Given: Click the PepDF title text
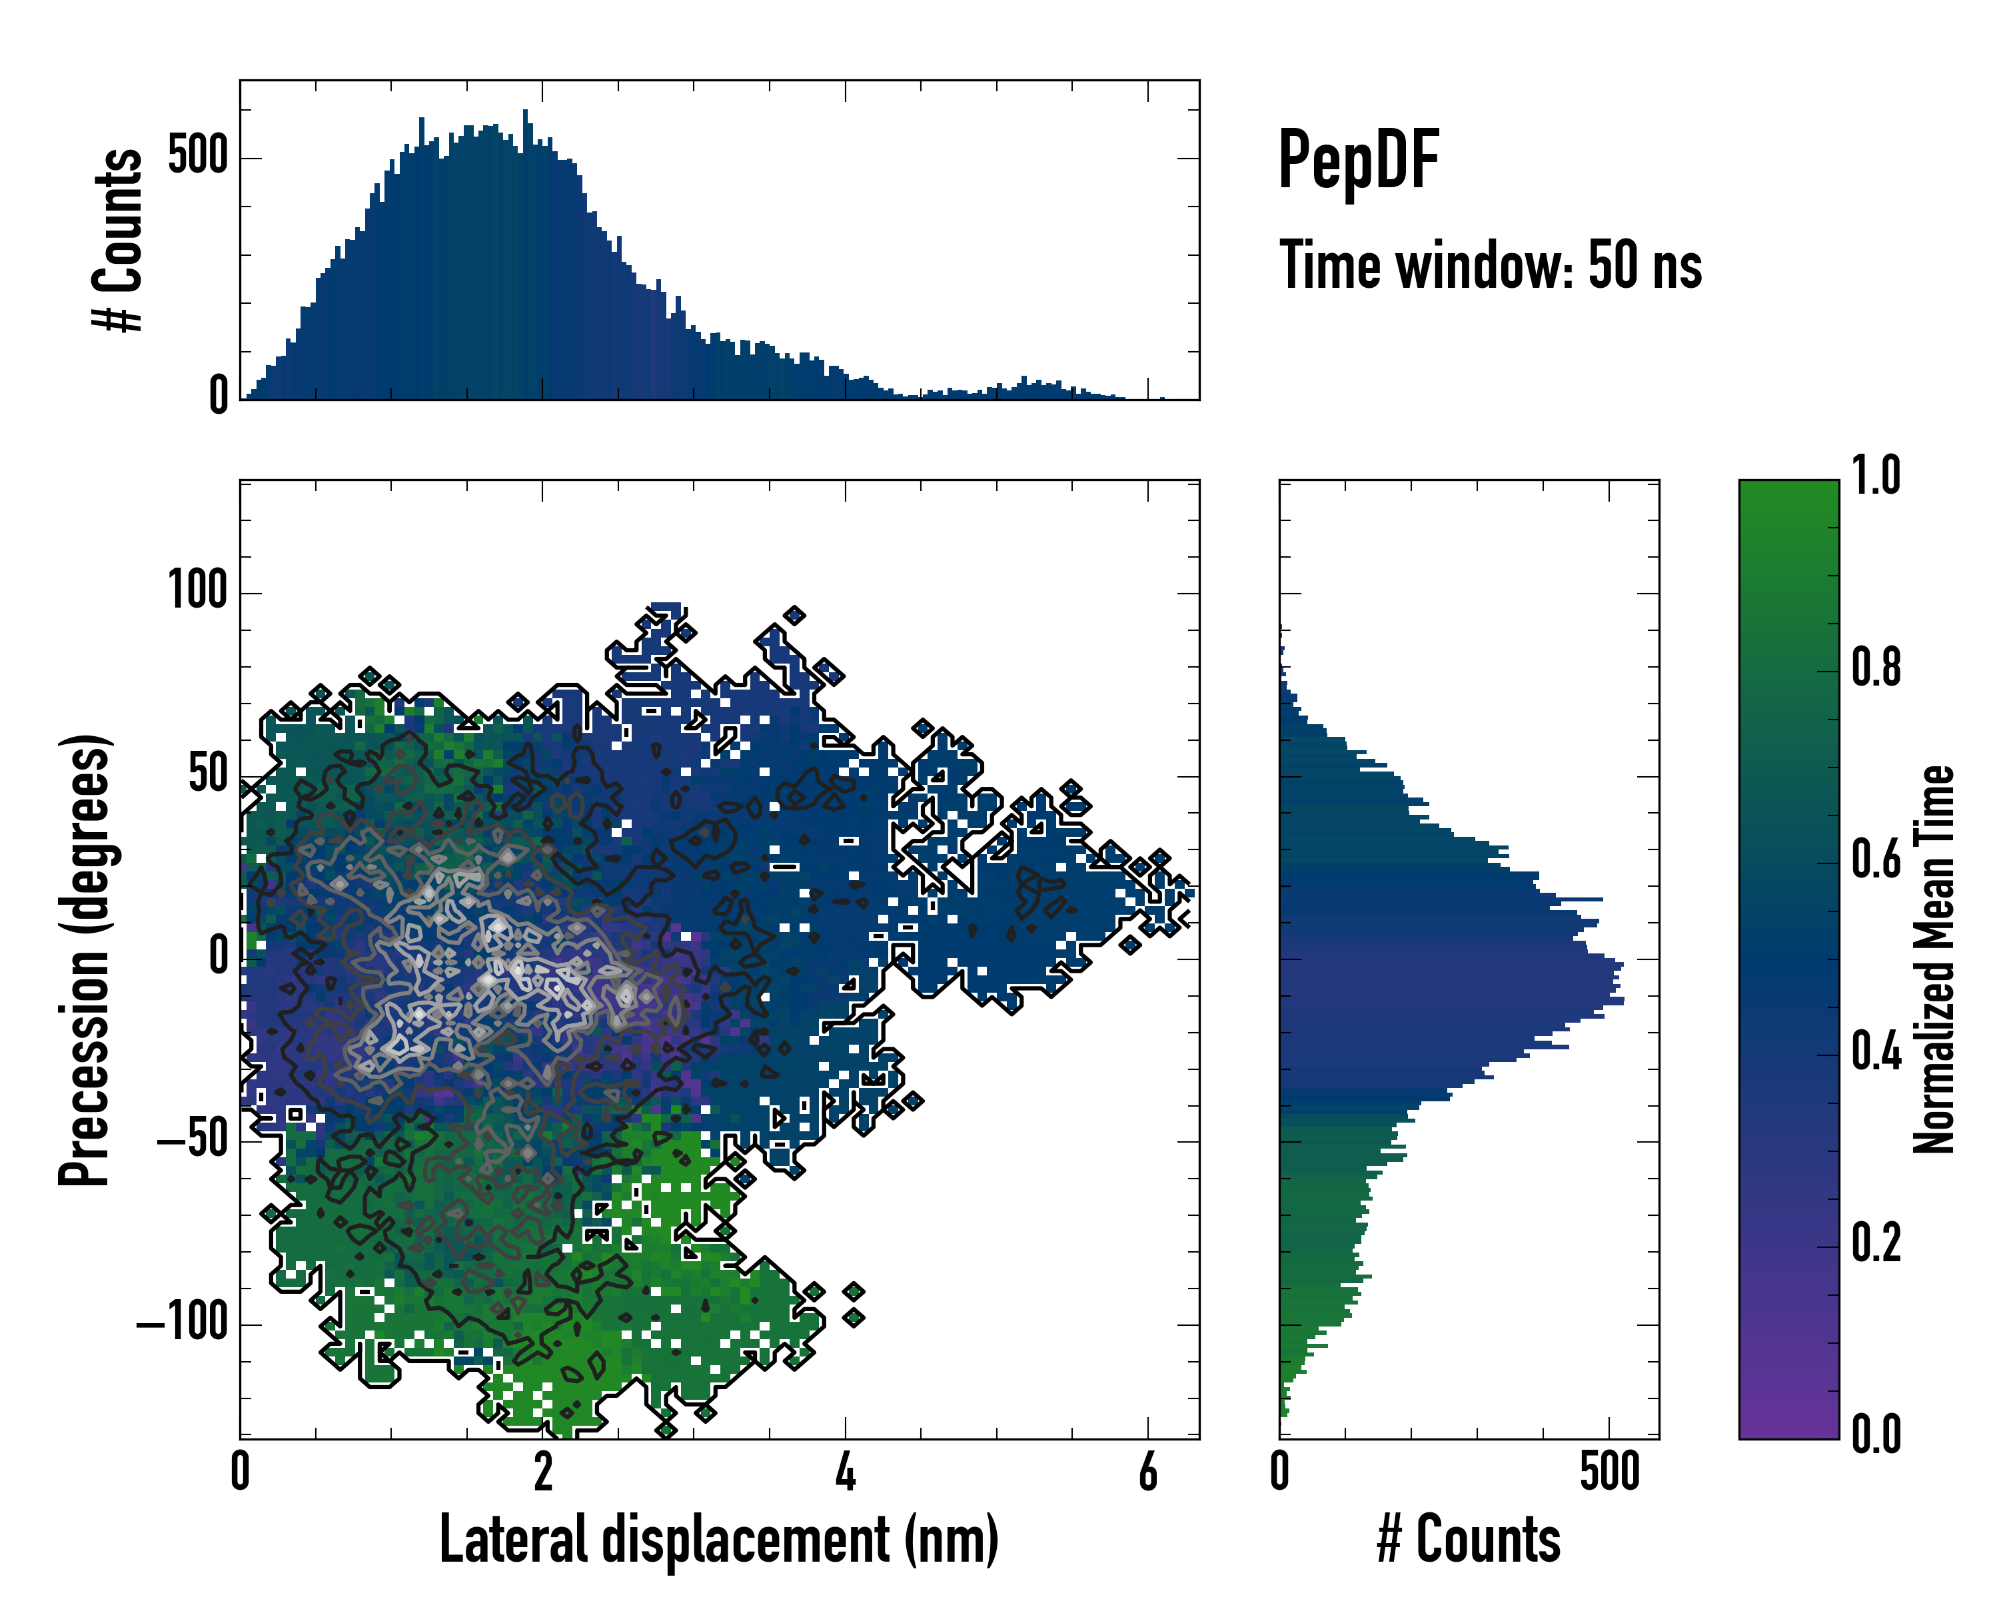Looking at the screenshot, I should coord(1358,161).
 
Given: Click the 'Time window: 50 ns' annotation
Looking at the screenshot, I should coord(1490,266).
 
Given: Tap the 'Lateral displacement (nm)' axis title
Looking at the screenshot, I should coord(718,1540).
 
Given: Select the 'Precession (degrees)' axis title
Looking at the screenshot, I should coord(85,959).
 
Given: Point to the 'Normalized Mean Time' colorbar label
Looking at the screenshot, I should coord(1934,959).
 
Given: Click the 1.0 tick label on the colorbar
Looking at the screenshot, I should coord(1876,476).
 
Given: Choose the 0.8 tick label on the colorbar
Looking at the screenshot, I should coord(1876,668).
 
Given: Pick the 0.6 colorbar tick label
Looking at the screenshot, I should coord(1876,860).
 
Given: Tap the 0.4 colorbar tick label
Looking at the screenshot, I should coord(1876,1052).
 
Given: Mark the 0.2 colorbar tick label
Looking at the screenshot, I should coord(1876,1244).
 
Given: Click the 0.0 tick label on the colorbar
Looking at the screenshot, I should coord(1876,1435).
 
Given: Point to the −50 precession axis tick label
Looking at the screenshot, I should coord(192,1140).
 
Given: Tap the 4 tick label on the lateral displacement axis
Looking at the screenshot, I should coord(845,1472).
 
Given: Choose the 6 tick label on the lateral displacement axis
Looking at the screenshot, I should coord(1148,1472).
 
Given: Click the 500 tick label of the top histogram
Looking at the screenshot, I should coord(197,156).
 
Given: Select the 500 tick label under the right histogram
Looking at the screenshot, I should coord(1610,1472).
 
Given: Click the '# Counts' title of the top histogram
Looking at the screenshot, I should coord(119,240).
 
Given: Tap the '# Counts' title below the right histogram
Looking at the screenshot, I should coord(1469,1540).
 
